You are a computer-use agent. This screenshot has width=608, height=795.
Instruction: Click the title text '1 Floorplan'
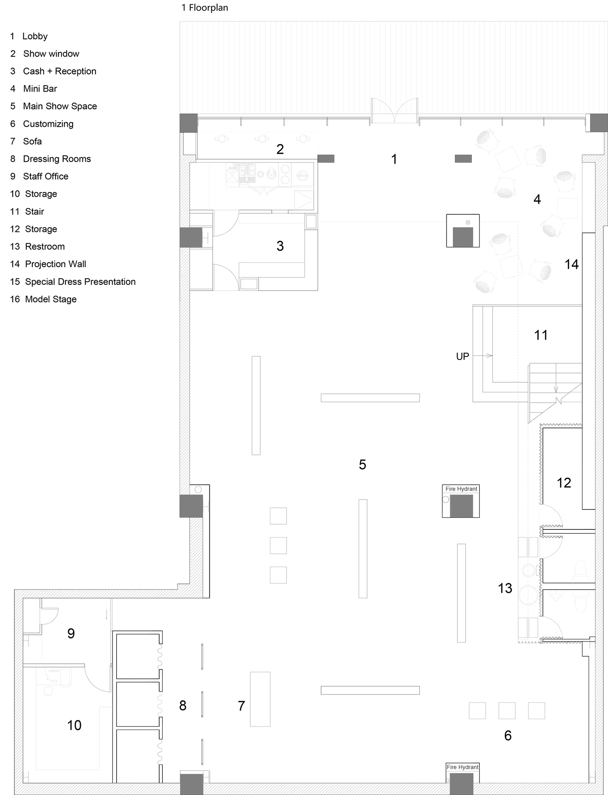click(205, 8)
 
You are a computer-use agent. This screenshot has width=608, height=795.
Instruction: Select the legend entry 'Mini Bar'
click(40, 89)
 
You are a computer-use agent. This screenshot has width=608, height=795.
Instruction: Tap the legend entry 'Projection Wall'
click(55, 264)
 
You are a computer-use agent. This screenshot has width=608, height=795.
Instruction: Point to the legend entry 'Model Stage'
click(50, 299)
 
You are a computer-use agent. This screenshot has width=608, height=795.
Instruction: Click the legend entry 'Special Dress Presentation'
click(80, 282)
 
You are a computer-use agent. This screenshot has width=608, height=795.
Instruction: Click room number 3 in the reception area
click(280, 246)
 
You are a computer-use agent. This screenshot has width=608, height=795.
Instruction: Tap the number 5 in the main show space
click(362, 464)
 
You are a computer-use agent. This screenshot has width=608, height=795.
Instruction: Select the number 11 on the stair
click(541, 335)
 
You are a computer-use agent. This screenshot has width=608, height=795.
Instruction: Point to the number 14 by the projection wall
click(571, 264)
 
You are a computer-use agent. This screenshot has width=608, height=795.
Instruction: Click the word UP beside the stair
click(463, 356)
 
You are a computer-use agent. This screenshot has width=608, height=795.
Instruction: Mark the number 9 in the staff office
click(71, 633)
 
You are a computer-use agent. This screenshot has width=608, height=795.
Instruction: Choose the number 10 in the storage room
click(74, 725)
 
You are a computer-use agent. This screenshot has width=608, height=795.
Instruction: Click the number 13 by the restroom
click(505, 588)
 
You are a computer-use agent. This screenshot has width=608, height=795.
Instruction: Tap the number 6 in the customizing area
click(508, 735)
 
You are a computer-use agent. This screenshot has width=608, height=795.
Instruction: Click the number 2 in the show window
click(280, 149)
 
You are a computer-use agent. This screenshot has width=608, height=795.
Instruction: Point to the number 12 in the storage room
click(564, 483)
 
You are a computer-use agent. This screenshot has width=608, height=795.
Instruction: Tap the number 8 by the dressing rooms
click(183, 705)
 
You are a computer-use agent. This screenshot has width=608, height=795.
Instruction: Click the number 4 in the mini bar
click(537, 199)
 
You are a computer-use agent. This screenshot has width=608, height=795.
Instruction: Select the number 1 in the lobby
click(394, 159)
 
